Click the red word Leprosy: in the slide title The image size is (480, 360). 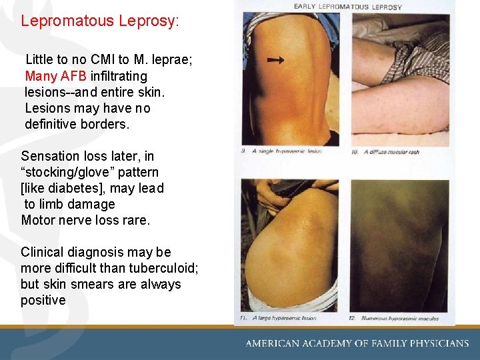click(149, 21)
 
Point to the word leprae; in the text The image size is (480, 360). click(173, 60)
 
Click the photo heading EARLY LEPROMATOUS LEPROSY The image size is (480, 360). click(347, 7)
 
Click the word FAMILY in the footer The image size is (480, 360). click(381, 343)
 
